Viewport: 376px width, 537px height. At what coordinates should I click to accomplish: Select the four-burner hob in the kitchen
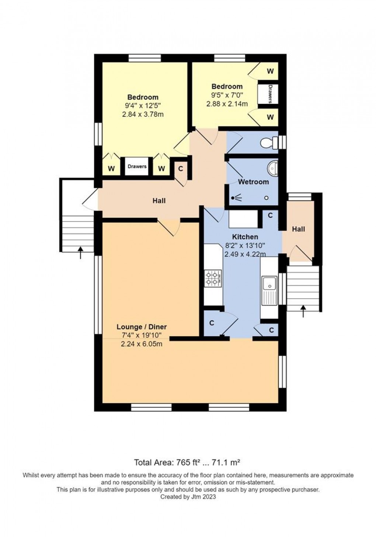pyautogui.click(x=213, y=278)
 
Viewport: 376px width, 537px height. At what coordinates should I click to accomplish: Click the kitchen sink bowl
pyautogui.click(x=269, y=283)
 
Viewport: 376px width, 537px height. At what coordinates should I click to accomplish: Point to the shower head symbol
pyautogui.click(x=237, y=198)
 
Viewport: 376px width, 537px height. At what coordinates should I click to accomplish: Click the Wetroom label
pyautogui.click(x=254, y=182)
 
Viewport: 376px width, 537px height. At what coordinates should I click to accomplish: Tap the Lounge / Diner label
pyautogui.click(x=142, y=327)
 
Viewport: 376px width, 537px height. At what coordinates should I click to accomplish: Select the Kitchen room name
pyautogui.click(x=245, y=237)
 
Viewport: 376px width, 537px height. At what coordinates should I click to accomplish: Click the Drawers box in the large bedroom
pyautogui.click(x=137, y=166)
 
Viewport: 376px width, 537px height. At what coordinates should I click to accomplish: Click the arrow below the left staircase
pyautogui.click(x=80, y=253)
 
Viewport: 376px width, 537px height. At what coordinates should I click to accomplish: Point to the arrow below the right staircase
pyautogui.click(x=303, y=311)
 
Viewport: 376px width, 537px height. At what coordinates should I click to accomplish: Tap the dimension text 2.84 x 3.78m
pyautogui.click(x=143, y=114)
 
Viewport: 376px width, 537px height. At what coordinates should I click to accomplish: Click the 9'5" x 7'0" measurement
pyautogui.click(x=227, y=95)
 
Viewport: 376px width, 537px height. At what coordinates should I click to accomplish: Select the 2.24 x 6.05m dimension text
pyautogui.click(x=142, y=344)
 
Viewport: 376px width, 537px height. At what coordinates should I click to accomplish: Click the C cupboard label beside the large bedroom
pyautogui.click(x=181, y=169)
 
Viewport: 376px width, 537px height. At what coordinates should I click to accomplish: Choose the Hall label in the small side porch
pyautogui.click(x=298, y=229)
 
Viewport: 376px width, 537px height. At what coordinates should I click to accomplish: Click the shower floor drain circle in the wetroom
pyautogui.click(x=267, y=198)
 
